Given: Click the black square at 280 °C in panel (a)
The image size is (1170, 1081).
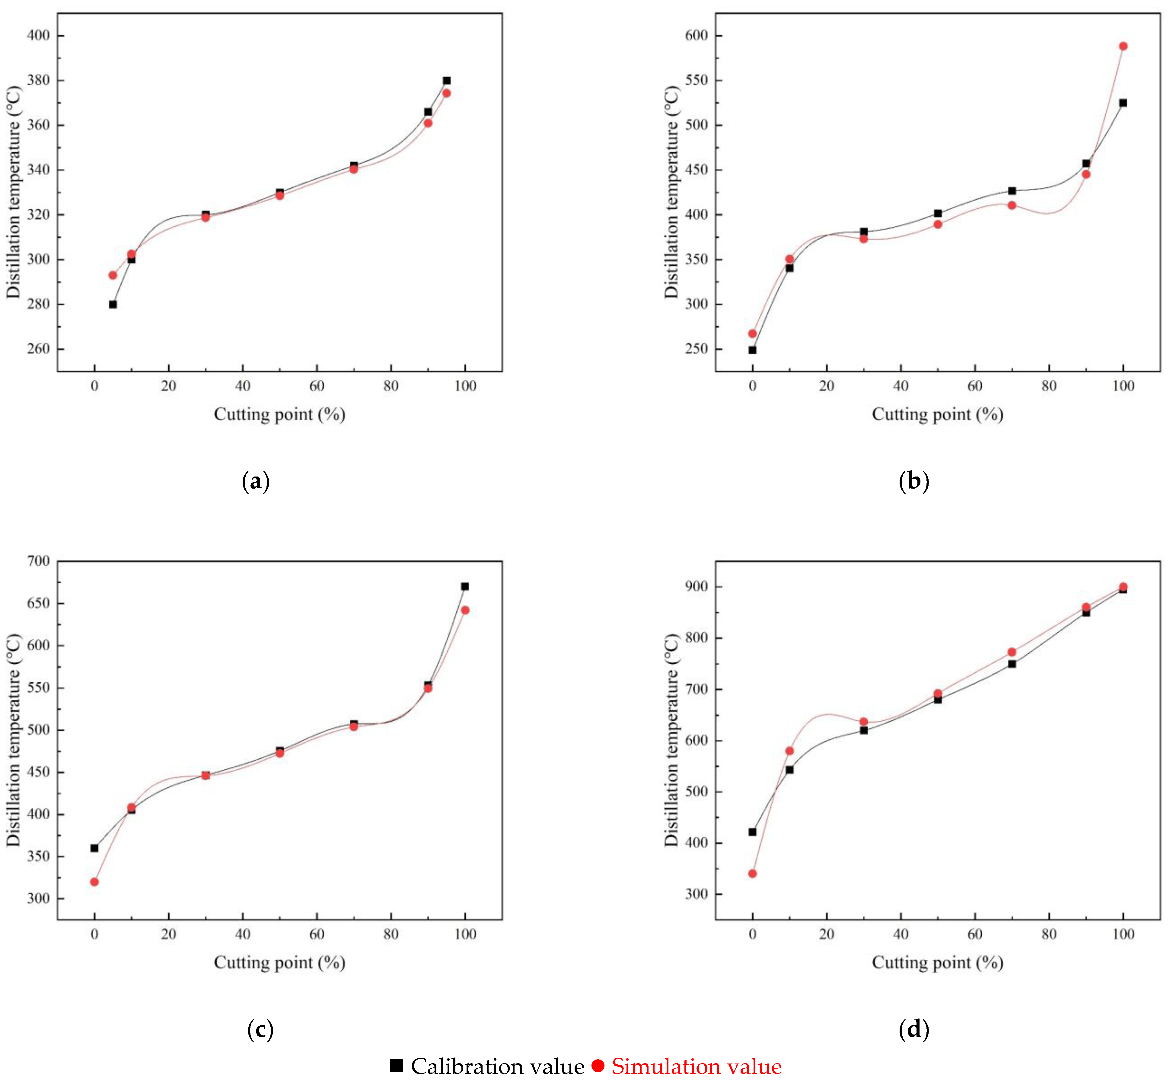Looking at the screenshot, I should tap(113, 304).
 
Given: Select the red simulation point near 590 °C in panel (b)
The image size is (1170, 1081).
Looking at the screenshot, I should tap(1123, 46).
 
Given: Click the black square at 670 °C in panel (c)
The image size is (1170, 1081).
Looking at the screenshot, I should tap(464, 586).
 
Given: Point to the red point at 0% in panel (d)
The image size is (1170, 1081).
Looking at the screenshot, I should tap(752, 873).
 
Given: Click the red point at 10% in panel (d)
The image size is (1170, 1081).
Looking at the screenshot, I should tap(789, 751).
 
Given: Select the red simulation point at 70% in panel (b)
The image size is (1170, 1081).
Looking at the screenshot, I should tap(1012, 205).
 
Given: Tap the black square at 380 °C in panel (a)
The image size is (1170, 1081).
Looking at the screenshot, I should tap(446, 81).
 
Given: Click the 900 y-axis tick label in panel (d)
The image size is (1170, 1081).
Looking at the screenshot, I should tap(696, 587).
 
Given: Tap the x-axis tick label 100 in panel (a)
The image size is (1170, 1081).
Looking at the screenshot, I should tap(465, 386).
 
